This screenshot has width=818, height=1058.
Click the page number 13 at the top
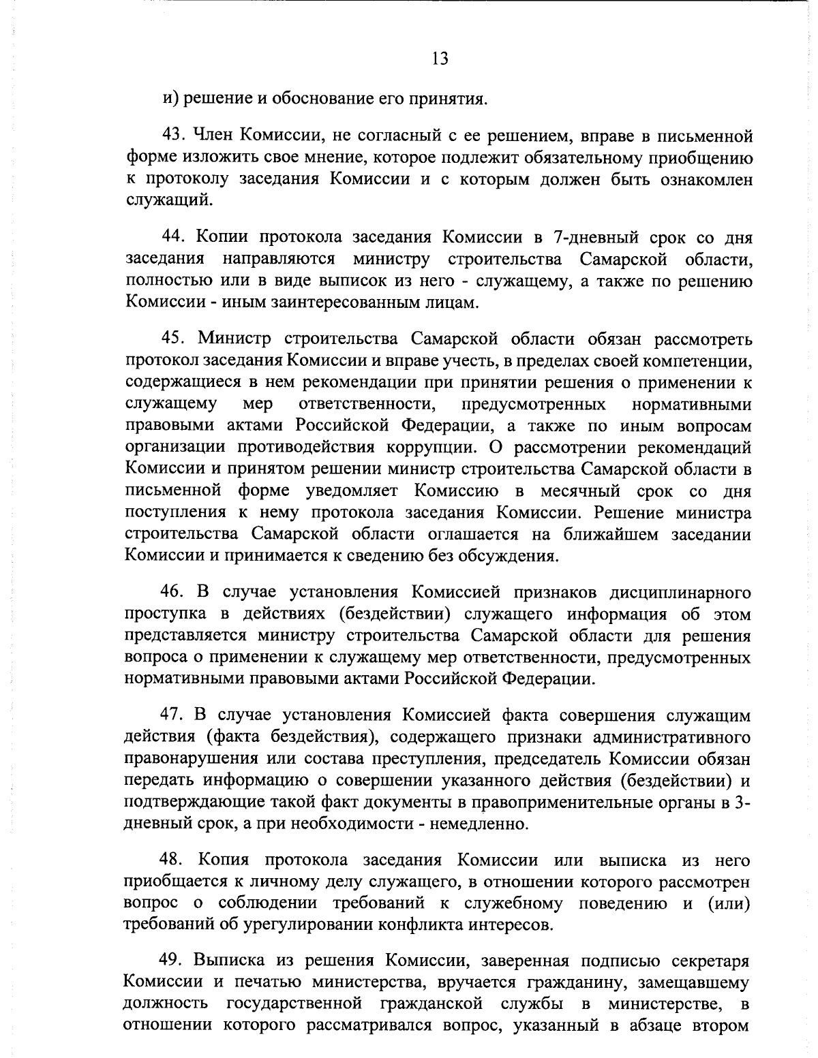tap(440, 59)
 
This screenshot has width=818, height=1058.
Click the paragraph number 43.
tap(172, 137)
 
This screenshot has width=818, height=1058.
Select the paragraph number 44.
tap(172, 237)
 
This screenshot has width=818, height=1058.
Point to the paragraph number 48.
tap(172, 859)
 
